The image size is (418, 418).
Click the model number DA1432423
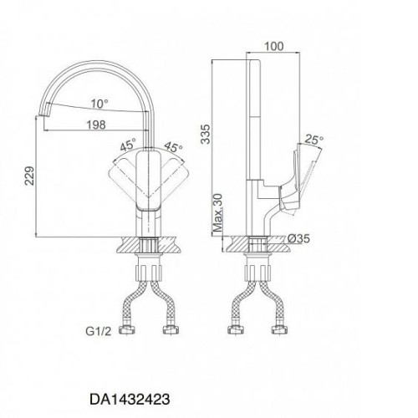[130, 399]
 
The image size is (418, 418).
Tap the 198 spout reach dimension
[96, 125]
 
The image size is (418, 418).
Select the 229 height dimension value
[29, 176]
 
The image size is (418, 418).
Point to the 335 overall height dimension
[206, 134]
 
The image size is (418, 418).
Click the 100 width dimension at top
[273, 46]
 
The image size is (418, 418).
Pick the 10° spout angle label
[99, 104]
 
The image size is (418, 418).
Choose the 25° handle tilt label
[314, 140]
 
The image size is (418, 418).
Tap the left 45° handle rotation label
[128, 145]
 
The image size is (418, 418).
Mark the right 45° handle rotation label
[173, 147]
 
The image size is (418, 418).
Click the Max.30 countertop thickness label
[218, 213]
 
